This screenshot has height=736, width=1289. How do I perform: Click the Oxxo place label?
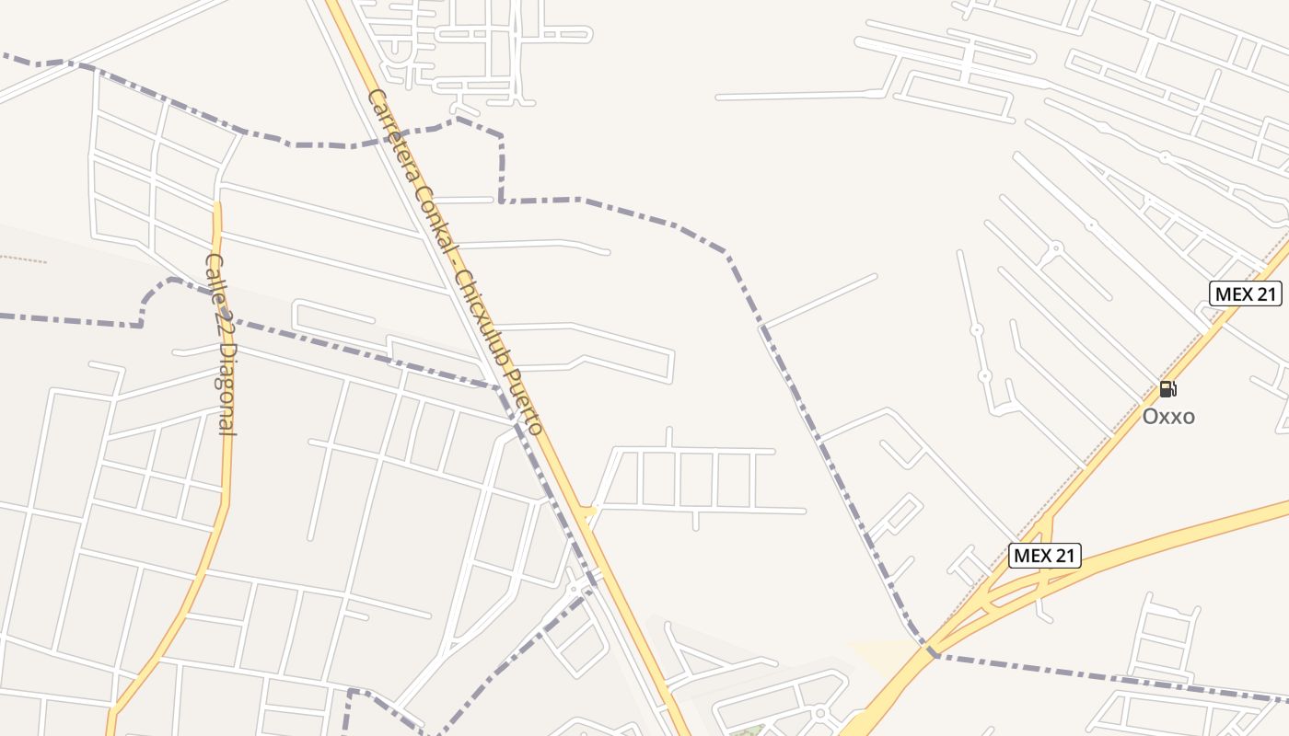1168,417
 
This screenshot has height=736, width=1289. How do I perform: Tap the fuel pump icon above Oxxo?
1167,389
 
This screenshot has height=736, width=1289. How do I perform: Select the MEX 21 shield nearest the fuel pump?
1245,293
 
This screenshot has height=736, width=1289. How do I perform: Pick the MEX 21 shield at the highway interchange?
1044,556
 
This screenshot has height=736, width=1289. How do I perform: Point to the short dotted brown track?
23,259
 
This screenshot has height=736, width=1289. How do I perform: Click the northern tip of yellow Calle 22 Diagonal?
218,204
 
